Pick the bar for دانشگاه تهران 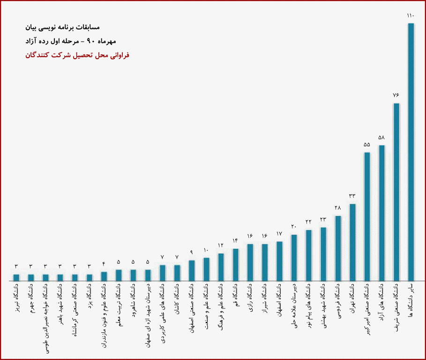click(352, 242)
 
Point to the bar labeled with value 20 click(294, 257)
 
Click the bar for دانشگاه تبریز click(16, 277)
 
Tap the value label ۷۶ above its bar click(396, 95)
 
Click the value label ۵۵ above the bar click(367, 144)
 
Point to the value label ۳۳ click(352, 196)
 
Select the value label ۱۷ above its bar click(279, 233)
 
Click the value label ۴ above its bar click(104, 264)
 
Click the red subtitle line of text click(78, 55)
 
